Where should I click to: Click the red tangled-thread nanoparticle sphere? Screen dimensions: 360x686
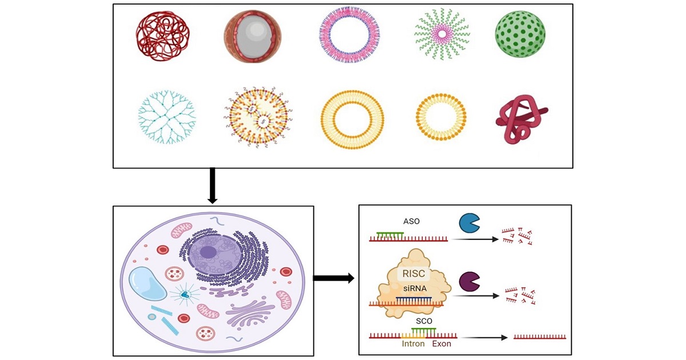pos(161,38)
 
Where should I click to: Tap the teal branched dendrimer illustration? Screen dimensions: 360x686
pos(167,116)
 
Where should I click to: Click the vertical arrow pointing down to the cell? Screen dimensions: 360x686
pos(212,185)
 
